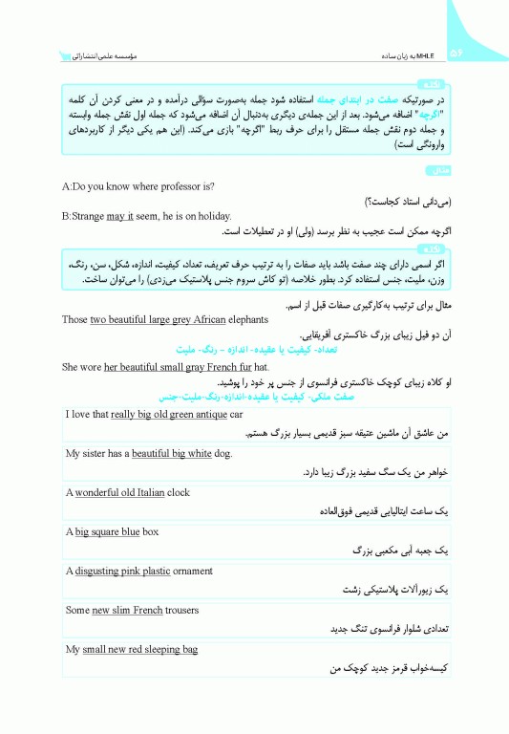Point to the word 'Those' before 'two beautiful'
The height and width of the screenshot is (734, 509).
click(x=74, y=321)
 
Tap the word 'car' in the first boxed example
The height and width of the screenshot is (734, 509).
click(x=236, y=415)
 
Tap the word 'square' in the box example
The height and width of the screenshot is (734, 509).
click(x=105, y=531)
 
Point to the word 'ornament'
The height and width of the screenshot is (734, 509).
click(x=194, y=571)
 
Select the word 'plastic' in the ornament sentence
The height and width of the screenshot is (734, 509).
click(x=153, y=571)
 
